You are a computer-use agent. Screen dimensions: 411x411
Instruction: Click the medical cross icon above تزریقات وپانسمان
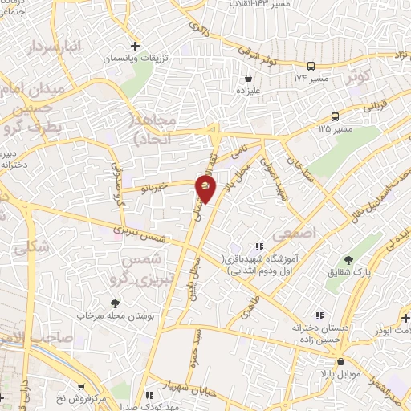point(136,46)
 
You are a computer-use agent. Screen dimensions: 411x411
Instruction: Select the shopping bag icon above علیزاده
point(248,79)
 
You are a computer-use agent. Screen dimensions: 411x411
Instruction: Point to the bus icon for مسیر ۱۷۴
point(310,67)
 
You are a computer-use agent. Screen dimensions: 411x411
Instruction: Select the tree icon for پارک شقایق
point(348,259)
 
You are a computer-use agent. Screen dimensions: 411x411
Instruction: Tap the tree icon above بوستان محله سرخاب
point(115,303)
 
